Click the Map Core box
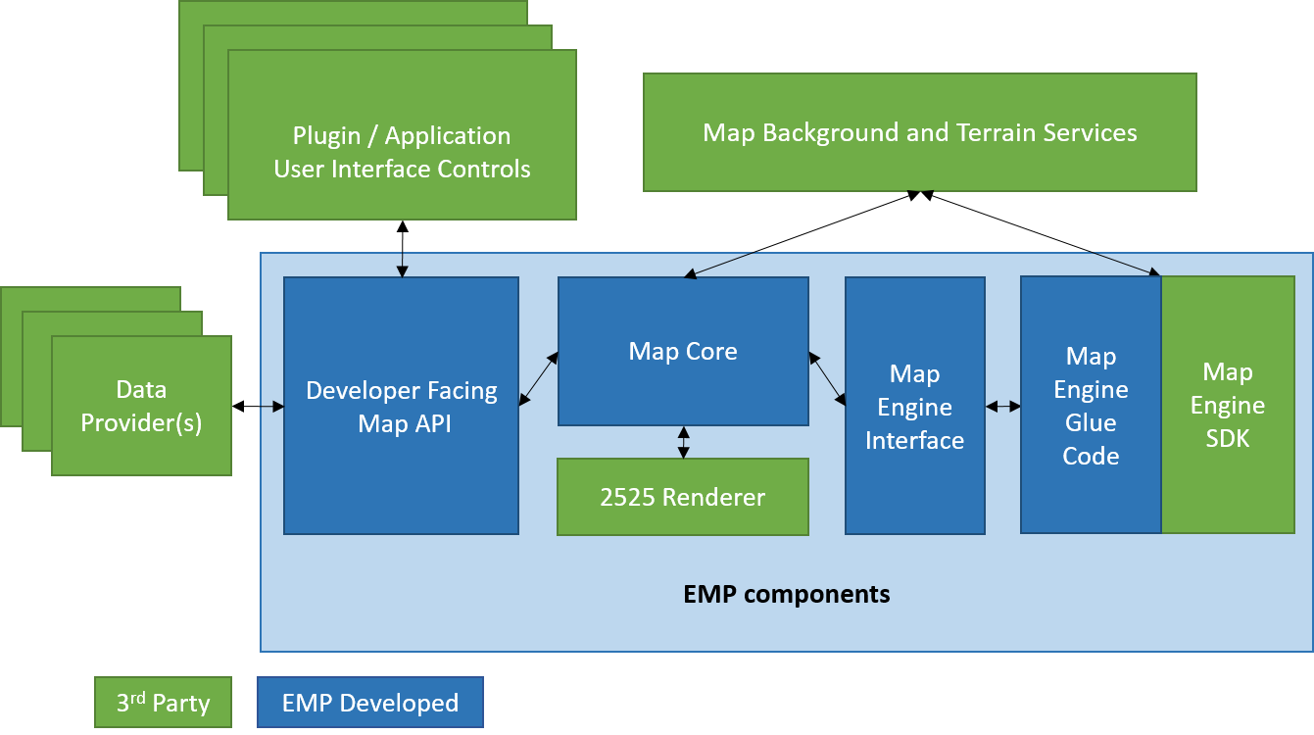(683, 351)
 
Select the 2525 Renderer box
(683, 497)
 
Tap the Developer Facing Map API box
(401, 406)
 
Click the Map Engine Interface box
(914, 406)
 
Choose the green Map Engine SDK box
(1227, 405)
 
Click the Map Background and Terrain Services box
(919, 132)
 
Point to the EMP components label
(786, 594)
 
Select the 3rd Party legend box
(163, 703)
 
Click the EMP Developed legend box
(369, 703)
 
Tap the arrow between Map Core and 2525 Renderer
(683, 442)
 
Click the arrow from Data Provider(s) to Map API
(271, 406)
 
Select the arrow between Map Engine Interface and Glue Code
(1002, 406)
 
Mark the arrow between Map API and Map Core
(538, 378)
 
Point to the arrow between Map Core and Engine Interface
(827, 378)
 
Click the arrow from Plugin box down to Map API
(401, 265)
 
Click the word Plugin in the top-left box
(326, 136)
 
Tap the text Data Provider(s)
(141, 407)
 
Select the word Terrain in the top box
(998, 132)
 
